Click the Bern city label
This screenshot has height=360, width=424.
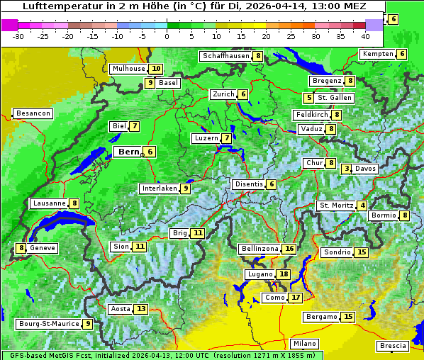coord(128,152)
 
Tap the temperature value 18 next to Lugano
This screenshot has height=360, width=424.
coord(284,274)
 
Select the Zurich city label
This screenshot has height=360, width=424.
coord(223,94)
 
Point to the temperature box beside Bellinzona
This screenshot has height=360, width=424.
coord(289,249)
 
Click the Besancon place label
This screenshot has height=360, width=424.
coord(33,113)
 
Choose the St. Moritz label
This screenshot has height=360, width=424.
coord(336,206)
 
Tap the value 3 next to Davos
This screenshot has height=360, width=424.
coord(347,169)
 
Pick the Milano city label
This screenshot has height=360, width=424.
coord(306,343)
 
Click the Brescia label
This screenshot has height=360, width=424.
coord(394,346)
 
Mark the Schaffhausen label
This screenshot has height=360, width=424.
coord(225,56)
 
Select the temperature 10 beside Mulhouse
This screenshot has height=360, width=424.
coord(156,69)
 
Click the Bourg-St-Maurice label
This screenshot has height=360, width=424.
coord(48,324)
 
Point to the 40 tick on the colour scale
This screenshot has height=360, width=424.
coord(365,35)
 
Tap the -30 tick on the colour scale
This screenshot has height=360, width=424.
coord(18,35)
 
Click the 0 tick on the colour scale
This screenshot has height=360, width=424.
coord(167,35)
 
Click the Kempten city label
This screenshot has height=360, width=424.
coord(378,54)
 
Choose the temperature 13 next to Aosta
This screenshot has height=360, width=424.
coord(142,309)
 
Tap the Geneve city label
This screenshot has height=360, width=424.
coord(43,248)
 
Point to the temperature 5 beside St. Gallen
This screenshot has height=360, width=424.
coord(308,98)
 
